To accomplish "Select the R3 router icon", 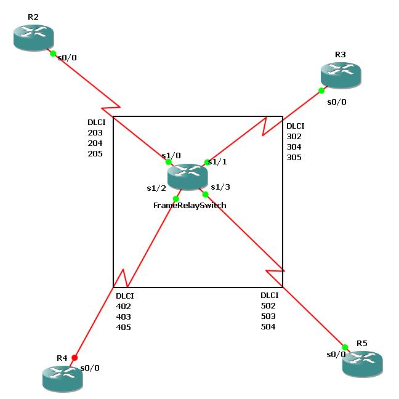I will (x=340, y=75).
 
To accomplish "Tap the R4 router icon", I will (x=62, y=377).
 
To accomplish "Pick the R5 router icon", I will (x=362, y=364).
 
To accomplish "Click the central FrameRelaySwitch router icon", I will (x=187, y=177).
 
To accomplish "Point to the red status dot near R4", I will (x=75, y=357).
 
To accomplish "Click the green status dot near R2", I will (x=54, y=54).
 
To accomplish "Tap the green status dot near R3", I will (x=321, y=91).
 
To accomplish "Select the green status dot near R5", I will (x=345, y=347).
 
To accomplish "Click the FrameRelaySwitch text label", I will (x=190, y=205).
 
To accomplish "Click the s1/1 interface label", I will (x=218, y=162).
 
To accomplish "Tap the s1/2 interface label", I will (x=156, y=188).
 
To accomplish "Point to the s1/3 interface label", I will (x=220, y=187).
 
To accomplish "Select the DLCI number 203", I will (x=95, y=132).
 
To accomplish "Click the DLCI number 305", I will (x=294, y=157).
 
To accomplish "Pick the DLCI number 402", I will (x=124, y=306).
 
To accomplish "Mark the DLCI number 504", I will (x=268, y=326).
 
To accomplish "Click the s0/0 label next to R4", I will (x=89, y=368).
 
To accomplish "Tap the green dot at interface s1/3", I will (x=206, y=195).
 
